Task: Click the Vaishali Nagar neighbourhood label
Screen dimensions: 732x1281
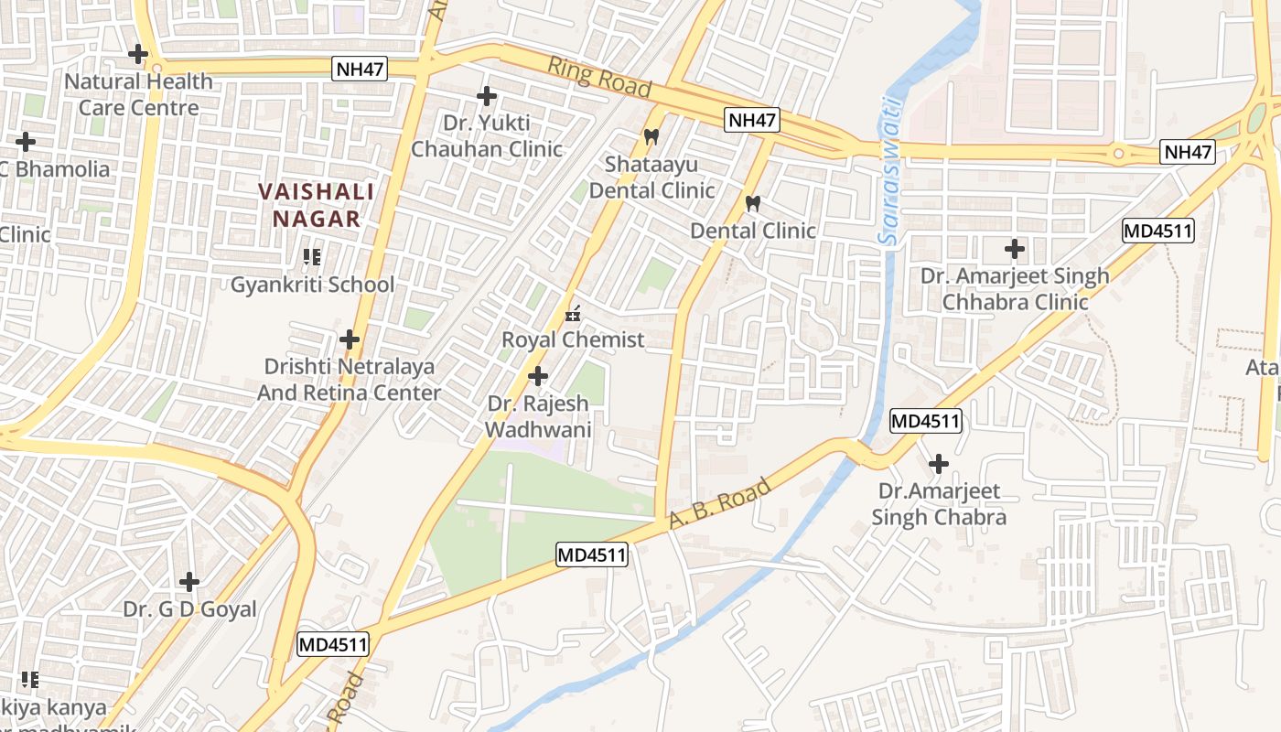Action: (x=316, y=206)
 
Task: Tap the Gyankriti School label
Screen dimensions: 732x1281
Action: (x=312, y=285)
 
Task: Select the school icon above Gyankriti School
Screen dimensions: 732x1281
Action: (x=312, y=257)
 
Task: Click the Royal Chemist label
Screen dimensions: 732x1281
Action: (x=573, y=340)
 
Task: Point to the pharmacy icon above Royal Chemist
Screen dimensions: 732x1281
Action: (x=574, y=314)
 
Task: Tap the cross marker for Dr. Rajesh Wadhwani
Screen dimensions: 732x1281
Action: (x=538, y=376)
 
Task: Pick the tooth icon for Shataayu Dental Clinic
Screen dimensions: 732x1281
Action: (x=651, y=137)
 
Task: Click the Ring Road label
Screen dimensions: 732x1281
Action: (x=599, y=77)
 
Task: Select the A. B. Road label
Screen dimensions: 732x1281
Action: (x=719, y=502)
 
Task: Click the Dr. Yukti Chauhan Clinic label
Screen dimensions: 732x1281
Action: (x=487, y=135)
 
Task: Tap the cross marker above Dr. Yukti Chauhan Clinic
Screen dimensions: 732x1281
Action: (x=487, y=95)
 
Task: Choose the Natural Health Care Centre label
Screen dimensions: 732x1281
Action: (x=138, y=94)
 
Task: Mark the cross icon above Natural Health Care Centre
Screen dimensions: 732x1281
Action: (x=138, y=54)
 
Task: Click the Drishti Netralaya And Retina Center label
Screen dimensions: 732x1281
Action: (x=349, y=380)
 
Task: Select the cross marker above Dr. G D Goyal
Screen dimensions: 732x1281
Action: (x=189, y=581)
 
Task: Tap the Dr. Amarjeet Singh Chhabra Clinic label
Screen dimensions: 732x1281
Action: (x=1015, y=289)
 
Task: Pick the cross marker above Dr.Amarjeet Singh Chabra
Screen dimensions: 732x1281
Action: (x=938, y=464)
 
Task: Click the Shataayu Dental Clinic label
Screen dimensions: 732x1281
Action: (x=651, y=178)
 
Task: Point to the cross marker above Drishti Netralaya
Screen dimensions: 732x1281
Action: (x=349, y=339)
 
